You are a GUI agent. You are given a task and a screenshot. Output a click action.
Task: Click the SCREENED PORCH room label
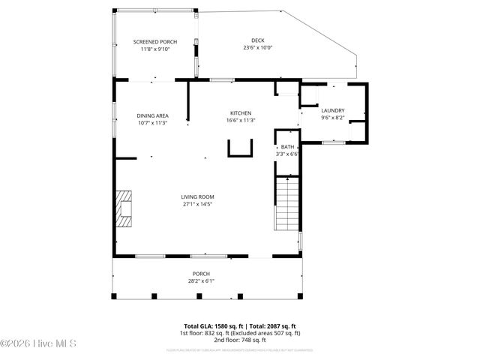click(155, 41)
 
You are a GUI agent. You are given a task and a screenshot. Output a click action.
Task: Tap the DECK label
click(256, 40)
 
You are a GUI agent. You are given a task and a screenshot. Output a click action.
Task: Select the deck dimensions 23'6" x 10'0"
click(256, 47)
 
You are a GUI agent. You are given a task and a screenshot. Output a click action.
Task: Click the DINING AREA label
click(152, 115)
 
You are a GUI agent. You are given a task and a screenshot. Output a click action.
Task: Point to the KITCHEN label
click(241, 112)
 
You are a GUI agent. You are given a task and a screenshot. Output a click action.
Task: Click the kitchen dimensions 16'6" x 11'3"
click(241, 120)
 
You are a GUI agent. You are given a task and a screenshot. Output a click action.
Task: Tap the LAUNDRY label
click(332, 109)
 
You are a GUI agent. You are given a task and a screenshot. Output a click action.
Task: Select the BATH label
click(287, 146)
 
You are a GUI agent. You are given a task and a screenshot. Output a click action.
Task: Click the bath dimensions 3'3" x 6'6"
click(287, 153)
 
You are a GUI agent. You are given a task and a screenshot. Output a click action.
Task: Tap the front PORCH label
click(201, 274)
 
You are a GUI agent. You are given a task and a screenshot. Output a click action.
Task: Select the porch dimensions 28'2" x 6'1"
click(201, 281)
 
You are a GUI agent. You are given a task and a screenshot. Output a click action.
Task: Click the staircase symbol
click(287, 204)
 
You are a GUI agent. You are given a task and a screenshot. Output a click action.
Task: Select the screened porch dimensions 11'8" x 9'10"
click(155, 49)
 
